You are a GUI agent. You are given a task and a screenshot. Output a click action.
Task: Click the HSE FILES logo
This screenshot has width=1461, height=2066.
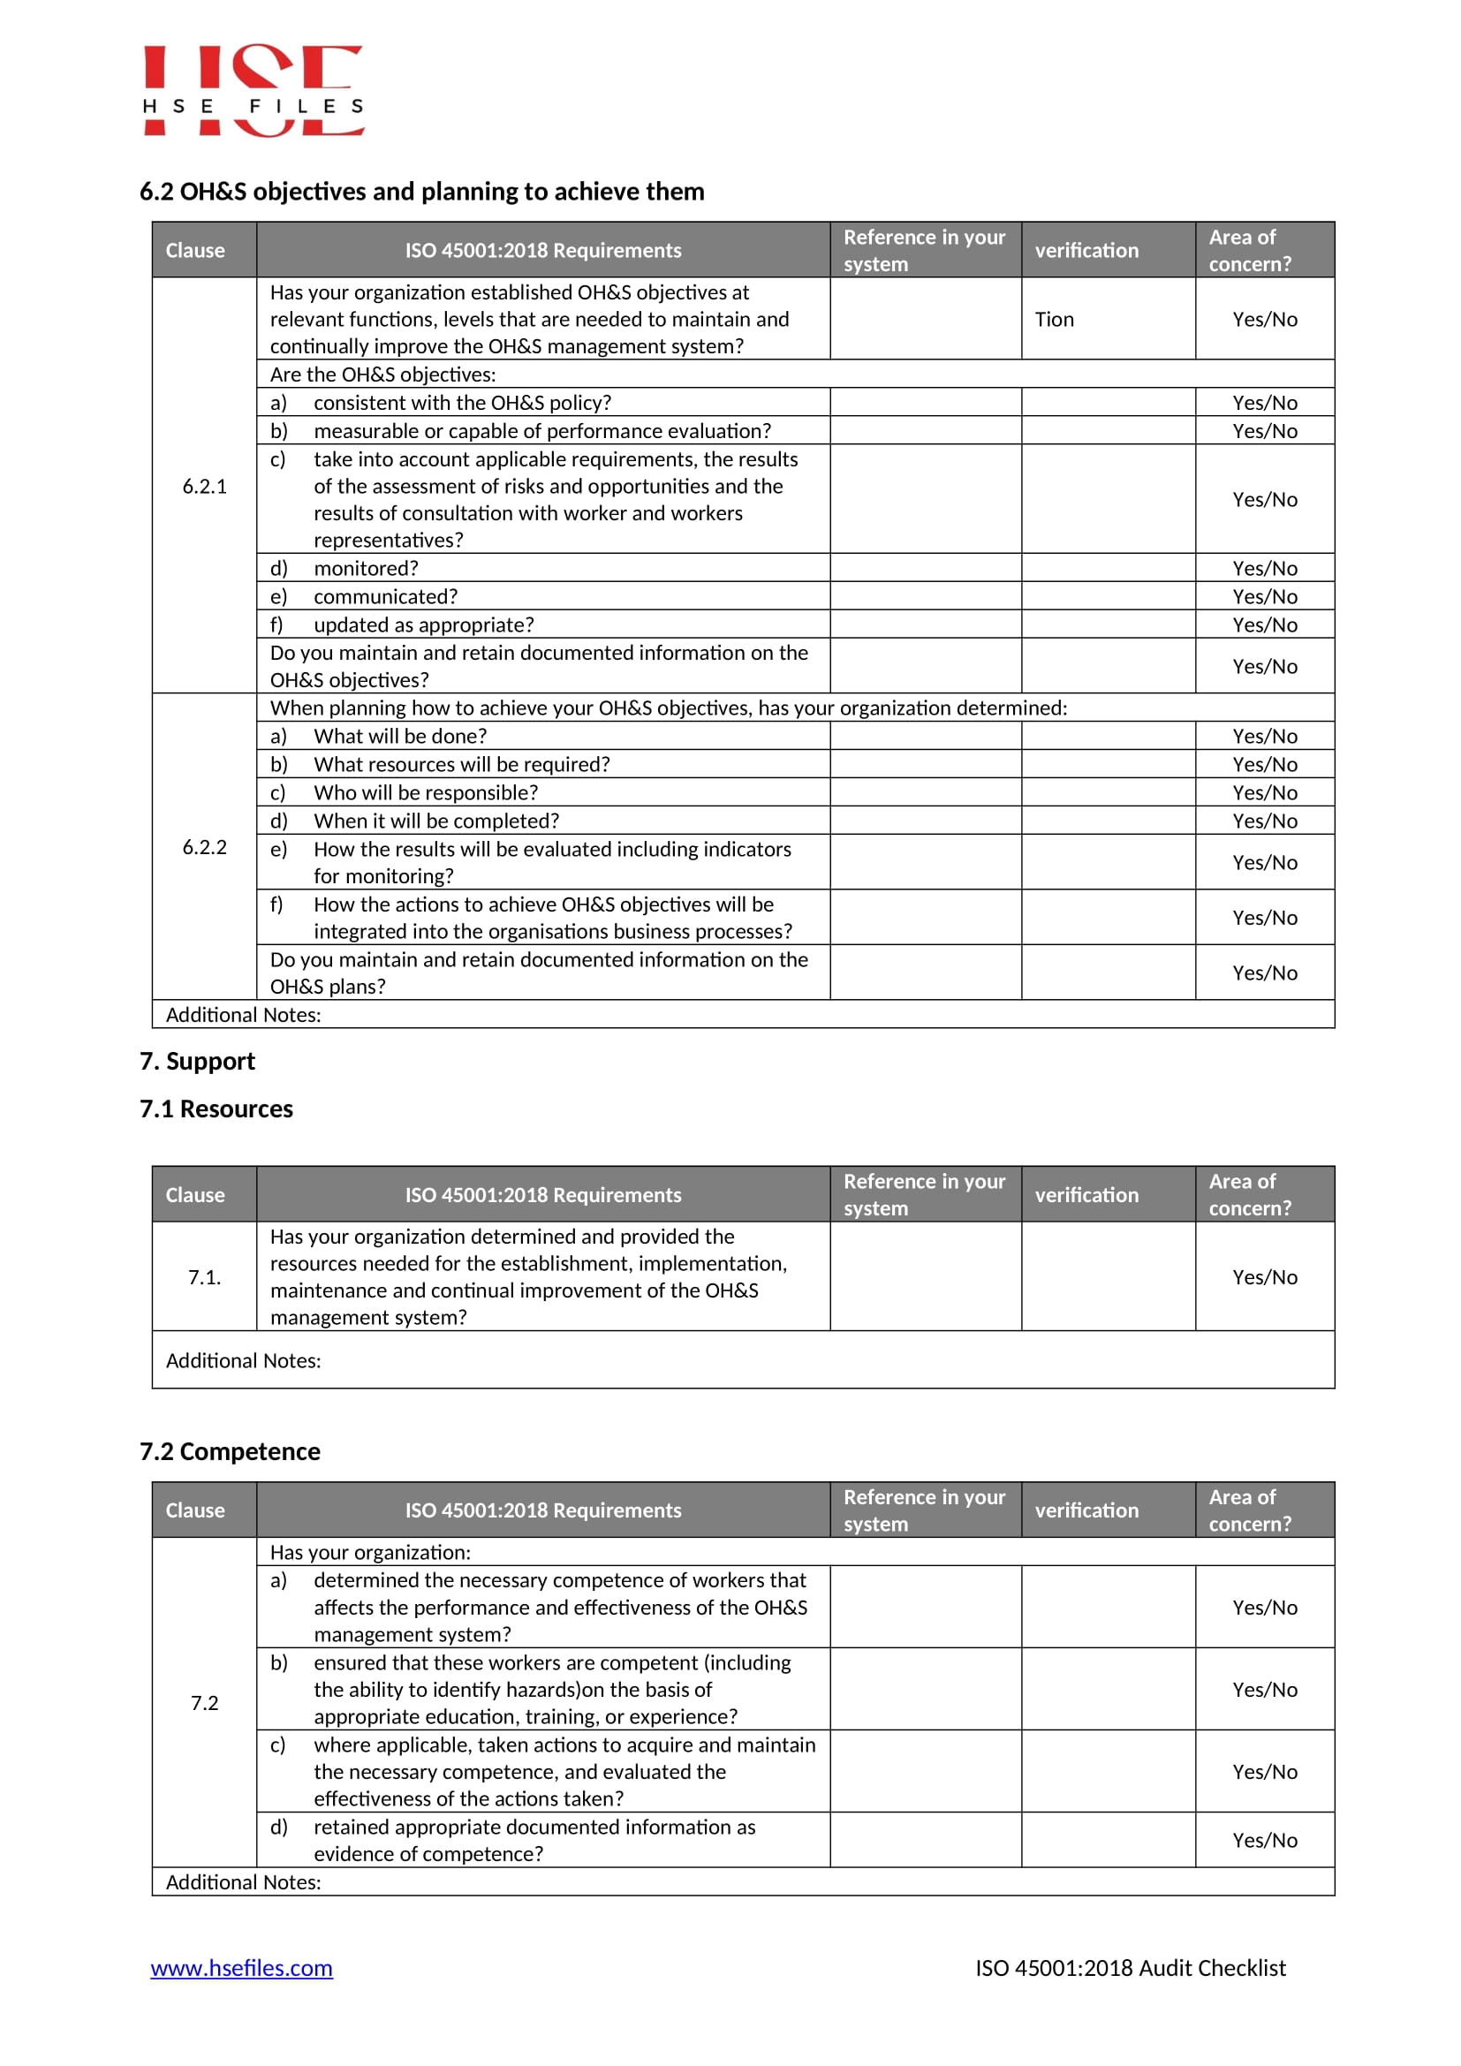(x=253, y=90)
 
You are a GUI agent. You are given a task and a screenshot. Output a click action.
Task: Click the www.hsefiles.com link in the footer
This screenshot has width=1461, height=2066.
(x=241, y=1968)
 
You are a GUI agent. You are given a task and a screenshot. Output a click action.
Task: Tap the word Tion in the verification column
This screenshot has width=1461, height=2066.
(x=1054, y=320)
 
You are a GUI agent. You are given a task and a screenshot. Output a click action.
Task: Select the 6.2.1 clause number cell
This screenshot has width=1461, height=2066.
(x=204, y=486)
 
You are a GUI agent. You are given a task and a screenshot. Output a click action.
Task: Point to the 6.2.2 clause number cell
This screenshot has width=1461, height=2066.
(x=204, y=847)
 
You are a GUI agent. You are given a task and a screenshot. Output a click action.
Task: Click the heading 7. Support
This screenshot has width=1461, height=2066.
(x=197, y=1061)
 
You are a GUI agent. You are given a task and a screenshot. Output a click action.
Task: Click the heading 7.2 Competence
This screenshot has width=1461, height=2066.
(x=230, y=1451)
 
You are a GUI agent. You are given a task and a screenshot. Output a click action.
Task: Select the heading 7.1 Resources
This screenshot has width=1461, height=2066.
(x=216, y=1109)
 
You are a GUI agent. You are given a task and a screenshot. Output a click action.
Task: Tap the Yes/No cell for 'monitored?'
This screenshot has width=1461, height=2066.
(x=1264, y=568)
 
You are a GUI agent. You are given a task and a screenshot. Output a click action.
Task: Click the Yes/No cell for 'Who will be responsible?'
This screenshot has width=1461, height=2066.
(x=1264, y=792)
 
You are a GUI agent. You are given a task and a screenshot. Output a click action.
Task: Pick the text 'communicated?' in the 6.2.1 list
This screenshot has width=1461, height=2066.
(x=385, y=596)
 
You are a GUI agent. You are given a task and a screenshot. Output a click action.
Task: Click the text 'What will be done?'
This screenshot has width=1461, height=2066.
(x=399, y=736)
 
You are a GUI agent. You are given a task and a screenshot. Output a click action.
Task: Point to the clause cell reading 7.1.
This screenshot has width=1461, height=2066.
(x=204, y=1277)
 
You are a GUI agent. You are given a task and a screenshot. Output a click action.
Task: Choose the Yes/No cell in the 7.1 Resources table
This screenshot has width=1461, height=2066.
(x=1264, y=1277)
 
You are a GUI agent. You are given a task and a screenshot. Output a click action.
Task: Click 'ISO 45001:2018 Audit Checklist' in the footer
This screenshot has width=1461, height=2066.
(x=1130, y=1968)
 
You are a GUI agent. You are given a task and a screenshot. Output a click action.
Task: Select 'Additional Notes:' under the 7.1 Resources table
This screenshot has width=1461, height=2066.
(x=243, y=1360)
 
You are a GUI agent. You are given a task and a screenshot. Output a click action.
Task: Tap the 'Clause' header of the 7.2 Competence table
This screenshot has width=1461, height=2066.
(x=194, y=1510)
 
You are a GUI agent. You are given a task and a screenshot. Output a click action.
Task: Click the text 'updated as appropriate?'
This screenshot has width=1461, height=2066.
(x=423, y=624)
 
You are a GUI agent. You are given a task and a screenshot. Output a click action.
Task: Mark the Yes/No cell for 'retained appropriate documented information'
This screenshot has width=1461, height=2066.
(x=1264, y=1840)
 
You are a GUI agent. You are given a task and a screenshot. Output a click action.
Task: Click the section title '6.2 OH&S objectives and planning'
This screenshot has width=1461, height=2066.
(x=421, y=192)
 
